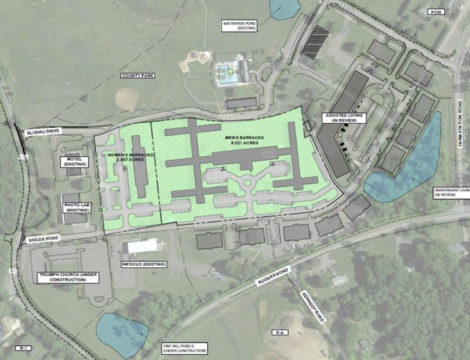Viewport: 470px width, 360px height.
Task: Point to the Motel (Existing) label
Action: coord(73,161)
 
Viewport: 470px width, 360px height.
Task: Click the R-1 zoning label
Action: coord(23,348)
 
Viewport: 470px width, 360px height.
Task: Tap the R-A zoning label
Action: coord(279,333)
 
